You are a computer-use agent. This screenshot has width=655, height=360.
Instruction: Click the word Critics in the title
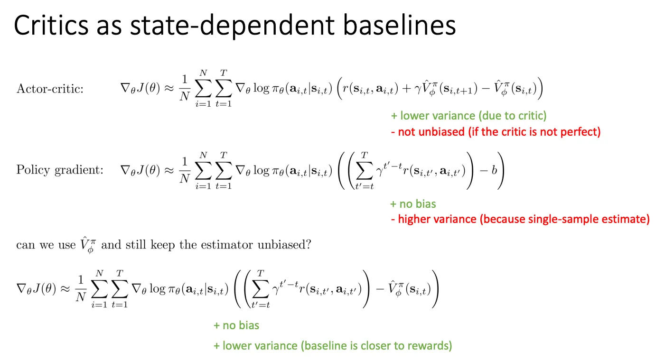[51, 26]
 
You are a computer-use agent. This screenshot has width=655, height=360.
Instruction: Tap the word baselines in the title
[399, 26]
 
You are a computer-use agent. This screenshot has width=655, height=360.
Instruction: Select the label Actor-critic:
[50, 89]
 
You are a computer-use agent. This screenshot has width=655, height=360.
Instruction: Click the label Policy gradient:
[60, 170]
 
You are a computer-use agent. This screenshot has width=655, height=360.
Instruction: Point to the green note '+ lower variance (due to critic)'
[469, 116]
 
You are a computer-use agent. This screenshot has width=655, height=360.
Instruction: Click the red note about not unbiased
[496, 132]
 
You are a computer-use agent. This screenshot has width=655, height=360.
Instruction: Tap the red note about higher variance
[520, 219]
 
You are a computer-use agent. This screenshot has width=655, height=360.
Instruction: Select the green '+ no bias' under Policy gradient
[413, 204]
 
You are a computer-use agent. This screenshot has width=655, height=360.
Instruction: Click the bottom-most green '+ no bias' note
[236, 325]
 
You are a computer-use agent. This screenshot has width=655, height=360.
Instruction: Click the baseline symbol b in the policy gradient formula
[494, 170]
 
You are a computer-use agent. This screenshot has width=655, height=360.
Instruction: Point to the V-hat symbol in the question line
[88, 245]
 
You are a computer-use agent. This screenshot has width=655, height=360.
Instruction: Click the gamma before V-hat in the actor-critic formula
[418, 89]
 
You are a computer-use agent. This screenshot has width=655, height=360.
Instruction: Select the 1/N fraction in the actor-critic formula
[185, 88]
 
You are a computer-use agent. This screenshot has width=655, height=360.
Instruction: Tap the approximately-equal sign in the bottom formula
[65, 289]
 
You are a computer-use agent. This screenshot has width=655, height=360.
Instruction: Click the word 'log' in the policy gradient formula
[261, 170]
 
